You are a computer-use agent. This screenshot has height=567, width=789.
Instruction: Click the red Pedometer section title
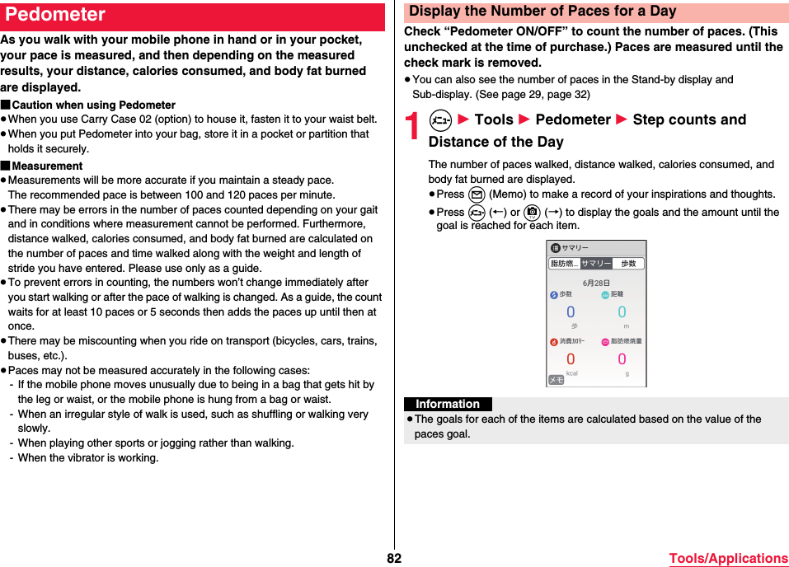(55, 15)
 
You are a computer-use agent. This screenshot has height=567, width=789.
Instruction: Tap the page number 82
(394, 558)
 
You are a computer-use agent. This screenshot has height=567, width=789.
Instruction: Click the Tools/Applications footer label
(728, 559)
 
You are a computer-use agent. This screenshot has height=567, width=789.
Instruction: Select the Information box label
(448, 404)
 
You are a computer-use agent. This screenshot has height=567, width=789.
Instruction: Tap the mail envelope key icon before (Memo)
(476, 194)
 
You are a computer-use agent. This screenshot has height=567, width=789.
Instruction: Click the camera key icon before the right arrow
(532, 212)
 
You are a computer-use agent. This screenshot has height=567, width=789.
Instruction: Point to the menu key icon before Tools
(440, 120)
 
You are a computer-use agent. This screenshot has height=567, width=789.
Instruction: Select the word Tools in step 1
(494, 119)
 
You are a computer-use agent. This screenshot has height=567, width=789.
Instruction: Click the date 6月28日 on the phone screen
(596, 283)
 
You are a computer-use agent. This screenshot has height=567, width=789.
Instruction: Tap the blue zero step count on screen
(571, 312)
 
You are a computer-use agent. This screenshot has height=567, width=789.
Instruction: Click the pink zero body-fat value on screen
(622, 358)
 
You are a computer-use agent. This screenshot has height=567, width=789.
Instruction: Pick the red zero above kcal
(571, 359)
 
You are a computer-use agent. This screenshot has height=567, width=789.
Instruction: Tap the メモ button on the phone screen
(557, 379)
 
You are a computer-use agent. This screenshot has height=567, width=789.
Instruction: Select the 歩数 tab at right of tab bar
(629, 264)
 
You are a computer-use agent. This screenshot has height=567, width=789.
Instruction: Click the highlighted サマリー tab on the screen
(596, 264)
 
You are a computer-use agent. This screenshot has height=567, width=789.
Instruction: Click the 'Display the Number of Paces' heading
(542, 12)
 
